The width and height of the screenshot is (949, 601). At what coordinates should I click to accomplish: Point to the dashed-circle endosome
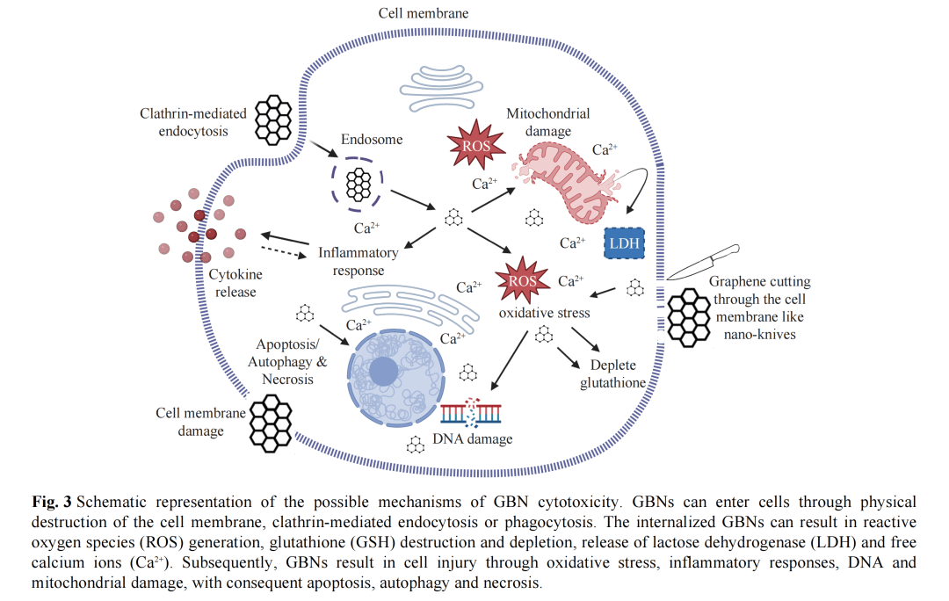[x=358, y=184]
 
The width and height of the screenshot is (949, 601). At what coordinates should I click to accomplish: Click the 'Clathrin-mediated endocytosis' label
[x=184, y=122]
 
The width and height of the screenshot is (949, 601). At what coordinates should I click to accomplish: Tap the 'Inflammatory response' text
[x=359, y=261]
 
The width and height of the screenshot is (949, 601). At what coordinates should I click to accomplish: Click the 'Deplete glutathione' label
[x=613, y=374]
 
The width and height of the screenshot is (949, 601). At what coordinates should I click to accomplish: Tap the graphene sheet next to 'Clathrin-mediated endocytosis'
[x=273, y=119]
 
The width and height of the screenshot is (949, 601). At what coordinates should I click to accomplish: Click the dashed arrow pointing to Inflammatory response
[x=287, y=252]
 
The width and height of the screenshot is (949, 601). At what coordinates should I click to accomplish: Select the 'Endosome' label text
[x=372, y=139]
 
